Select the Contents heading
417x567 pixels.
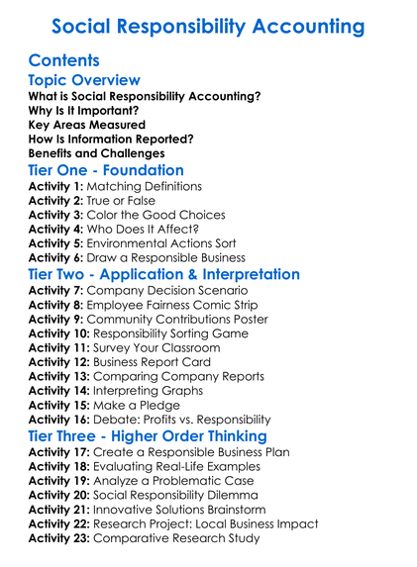tap(64, 60)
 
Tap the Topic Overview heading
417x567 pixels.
tap(84, 80)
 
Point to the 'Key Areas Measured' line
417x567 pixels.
tap(87, 126)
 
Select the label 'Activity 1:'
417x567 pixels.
tap(55, 186)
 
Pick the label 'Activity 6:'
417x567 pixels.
tap(55, 257)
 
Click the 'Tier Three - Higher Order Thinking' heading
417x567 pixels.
tap(147, 436)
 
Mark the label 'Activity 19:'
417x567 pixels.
tap(59, 481)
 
